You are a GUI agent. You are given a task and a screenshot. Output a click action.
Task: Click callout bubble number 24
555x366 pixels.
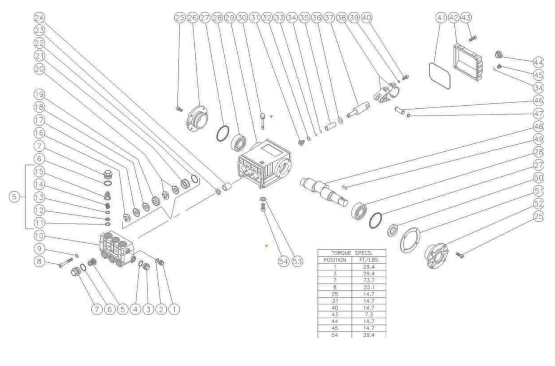tap(39, 18)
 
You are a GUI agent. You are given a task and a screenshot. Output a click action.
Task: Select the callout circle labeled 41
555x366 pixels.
tap(442, 18)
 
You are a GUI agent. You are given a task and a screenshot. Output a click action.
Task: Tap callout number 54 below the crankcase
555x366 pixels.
tap(283, 262)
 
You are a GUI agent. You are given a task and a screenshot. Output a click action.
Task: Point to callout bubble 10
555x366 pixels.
tap(39, 235)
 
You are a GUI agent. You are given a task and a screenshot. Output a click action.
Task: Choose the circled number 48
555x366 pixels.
tap(539, 126)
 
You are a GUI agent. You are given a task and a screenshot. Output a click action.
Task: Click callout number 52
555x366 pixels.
tap(539, 204)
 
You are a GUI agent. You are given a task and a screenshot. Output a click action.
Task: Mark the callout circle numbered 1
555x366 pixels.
tap(174, 309)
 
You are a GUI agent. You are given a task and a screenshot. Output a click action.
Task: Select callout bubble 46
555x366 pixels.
tap(539, 101)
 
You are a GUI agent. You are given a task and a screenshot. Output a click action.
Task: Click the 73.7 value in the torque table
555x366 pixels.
tap(368, 280)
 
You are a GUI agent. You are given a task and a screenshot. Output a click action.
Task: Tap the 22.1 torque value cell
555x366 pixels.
tap(368, 287)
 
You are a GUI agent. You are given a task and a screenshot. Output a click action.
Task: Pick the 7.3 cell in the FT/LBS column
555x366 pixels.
tap(368, 315)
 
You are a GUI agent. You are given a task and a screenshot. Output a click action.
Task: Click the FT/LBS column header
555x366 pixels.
tap(368, 260)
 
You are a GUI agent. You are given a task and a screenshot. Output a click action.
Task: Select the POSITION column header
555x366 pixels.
tap(335, 260)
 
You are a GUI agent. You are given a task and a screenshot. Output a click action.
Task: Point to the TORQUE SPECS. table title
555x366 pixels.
tap(351, 253)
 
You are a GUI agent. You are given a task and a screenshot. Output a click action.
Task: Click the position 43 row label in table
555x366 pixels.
tap(335, 315)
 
